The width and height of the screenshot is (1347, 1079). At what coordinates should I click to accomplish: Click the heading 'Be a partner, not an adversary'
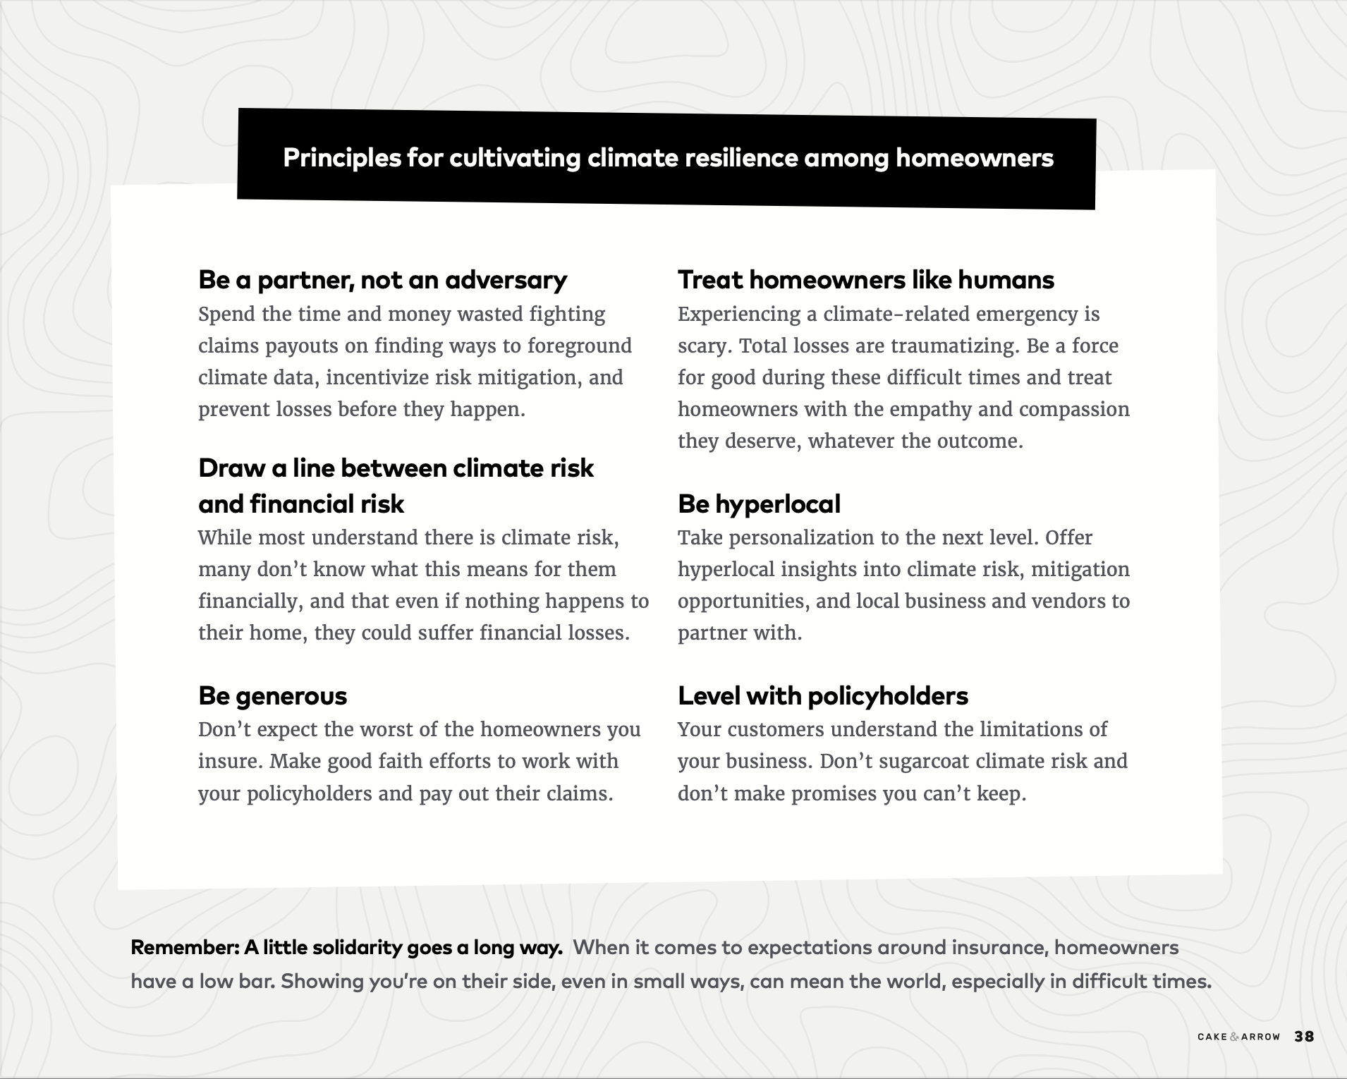(382, 280)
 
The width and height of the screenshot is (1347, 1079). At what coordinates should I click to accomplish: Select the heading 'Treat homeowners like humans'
(865, 280)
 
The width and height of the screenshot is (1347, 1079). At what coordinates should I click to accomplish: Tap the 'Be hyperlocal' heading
(759, 504)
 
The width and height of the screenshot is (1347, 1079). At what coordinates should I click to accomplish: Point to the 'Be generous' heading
(272, 696)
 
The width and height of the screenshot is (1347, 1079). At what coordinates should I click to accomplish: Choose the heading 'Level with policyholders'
(822, 696)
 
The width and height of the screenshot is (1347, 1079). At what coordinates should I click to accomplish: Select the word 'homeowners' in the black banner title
(974, 158)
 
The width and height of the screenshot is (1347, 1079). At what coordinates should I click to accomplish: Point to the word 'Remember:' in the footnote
(185, 947)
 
